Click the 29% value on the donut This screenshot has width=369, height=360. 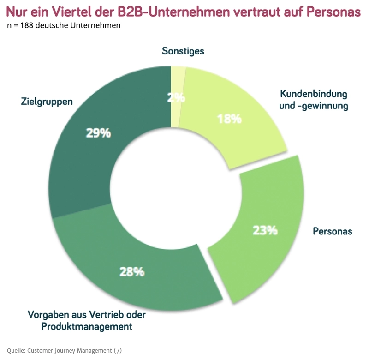98,133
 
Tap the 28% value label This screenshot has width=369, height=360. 132,272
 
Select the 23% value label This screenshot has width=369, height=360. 265,230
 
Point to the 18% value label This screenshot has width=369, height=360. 229,119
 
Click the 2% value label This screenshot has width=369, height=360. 176,97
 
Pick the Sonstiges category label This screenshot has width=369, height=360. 183,51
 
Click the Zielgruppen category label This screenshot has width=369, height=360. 47,101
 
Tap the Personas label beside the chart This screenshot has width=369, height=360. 332,231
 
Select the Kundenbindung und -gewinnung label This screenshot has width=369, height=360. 314,100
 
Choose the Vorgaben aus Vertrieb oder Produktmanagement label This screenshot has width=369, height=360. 87,321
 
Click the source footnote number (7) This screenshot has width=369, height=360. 118,350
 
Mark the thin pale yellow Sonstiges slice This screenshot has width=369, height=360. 178,76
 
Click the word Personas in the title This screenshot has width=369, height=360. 333,11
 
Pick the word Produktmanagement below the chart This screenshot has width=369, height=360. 87,327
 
